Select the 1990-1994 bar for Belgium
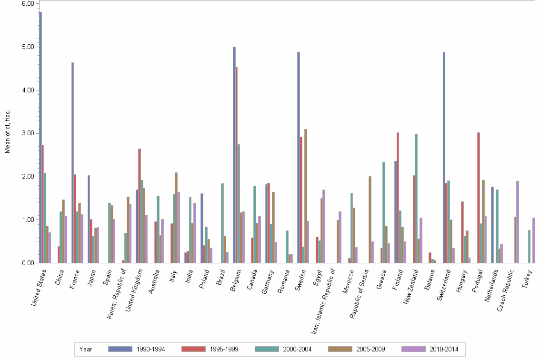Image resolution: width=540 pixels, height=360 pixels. point(234,155)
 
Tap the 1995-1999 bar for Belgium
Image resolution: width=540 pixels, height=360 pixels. point(237,165)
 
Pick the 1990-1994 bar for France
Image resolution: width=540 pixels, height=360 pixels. point(73,162)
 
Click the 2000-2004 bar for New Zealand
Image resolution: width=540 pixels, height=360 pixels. point(416,198)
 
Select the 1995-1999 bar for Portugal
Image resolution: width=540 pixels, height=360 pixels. point(479,198)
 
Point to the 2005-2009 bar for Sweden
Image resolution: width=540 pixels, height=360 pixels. point(306,196)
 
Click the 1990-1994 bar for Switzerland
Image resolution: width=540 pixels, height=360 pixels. point(444,157)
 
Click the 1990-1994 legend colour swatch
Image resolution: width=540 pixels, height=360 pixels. point(120,349)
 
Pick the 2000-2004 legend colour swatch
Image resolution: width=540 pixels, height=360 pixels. point(267,349)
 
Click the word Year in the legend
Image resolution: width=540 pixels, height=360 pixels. point(86,349)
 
